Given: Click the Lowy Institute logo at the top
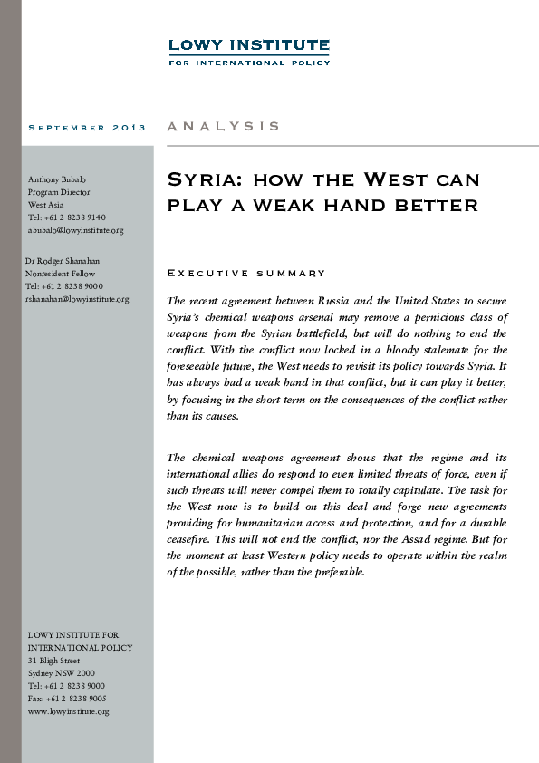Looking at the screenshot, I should (249, 51).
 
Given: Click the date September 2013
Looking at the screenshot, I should (87, 128).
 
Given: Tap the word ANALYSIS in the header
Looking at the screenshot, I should (224, 127).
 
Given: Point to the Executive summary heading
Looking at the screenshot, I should (246, 273).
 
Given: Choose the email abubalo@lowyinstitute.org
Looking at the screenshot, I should (75, 230).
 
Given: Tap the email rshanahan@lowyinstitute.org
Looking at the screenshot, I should (77, 299).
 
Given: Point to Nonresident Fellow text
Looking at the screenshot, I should (61, 274).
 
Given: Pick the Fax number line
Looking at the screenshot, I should (67, 699).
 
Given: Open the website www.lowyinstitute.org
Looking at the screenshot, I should (68, 711).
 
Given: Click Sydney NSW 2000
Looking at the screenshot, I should (61, 673).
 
